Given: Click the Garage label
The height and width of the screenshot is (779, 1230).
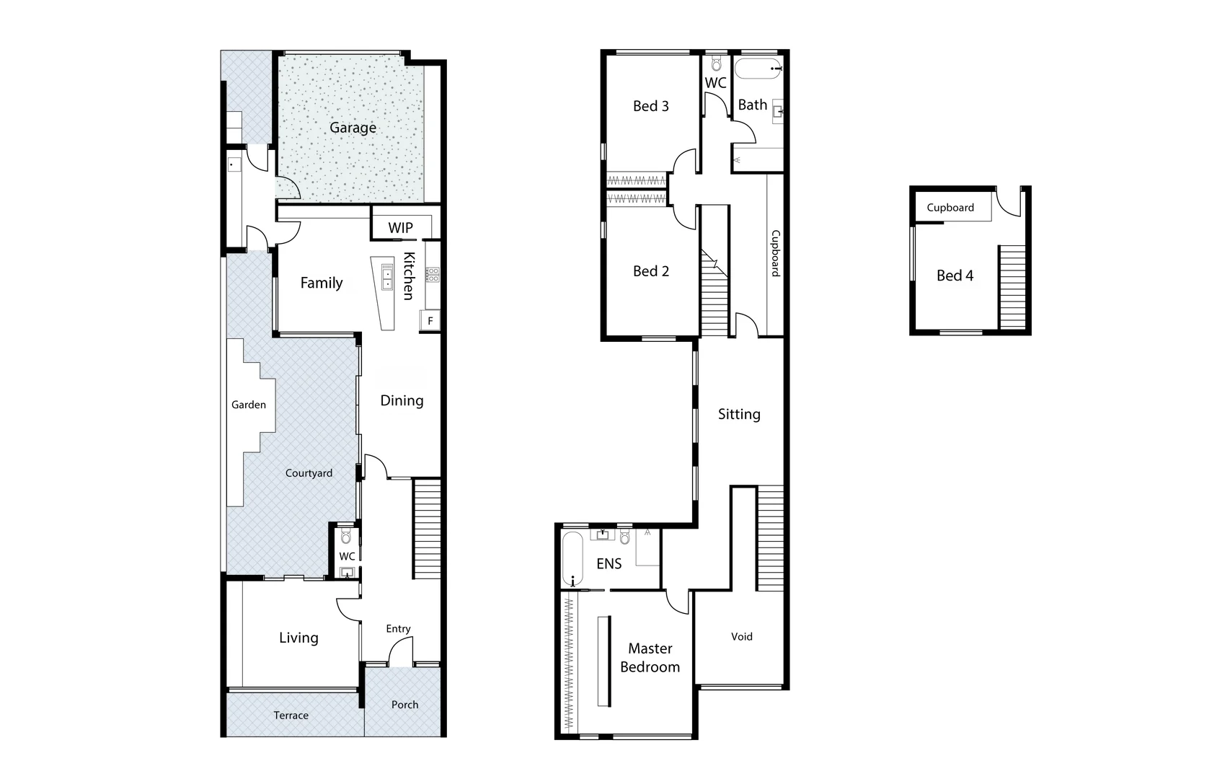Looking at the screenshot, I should [353, 128].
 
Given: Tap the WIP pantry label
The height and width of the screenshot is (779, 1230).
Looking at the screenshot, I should [400, 228].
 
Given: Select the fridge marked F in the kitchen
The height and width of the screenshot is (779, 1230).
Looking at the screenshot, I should [430, 321].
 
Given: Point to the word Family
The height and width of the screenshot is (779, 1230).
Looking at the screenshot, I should [321, 283].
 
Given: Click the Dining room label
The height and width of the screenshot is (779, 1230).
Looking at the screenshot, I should [402, 400].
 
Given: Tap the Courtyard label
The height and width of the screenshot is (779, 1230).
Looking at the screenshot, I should [309, 473].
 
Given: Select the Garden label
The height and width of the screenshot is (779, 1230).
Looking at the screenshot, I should [249, 405].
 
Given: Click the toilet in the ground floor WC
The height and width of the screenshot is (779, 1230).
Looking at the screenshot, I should [346, 537].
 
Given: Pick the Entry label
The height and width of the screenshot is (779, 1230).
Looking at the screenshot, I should [398, 629].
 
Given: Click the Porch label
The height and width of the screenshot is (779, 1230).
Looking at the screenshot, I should [404, 705].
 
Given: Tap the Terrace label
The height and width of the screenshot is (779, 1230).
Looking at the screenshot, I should [291, 716].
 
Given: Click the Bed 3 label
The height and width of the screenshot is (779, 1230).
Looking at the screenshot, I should [650, 106].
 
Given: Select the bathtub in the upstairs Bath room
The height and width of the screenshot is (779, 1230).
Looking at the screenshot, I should [757, 70].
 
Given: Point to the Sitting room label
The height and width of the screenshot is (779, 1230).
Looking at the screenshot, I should [739, 414].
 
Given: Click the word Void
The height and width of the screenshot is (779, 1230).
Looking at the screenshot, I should [741, 636].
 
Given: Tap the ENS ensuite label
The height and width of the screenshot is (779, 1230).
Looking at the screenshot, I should [609, 563].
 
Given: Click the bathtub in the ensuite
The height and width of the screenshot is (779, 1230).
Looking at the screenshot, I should [572, 560].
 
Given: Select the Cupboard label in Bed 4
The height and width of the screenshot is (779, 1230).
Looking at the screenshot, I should [950, 208].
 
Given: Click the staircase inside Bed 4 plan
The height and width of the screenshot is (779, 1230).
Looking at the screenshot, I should [1012, 287].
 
